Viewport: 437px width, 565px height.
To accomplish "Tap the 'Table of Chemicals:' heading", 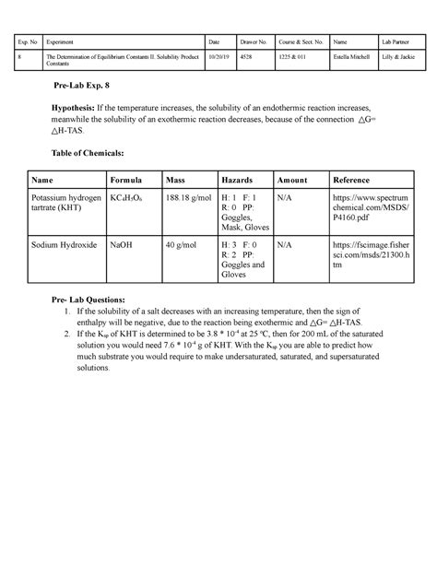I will pos(89,151).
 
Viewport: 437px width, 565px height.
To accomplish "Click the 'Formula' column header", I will pos(127,180).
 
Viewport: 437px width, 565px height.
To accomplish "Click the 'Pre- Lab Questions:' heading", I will pos(93,300).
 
